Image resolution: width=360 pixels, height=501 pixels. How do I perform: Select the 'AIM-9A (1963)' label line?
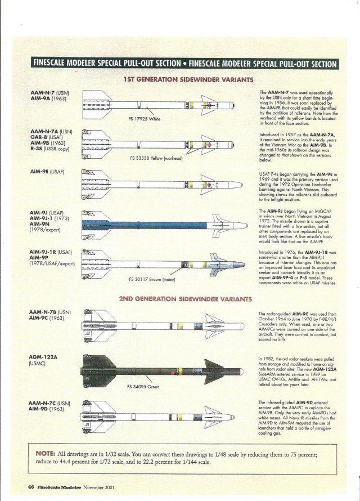(51, 99)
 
